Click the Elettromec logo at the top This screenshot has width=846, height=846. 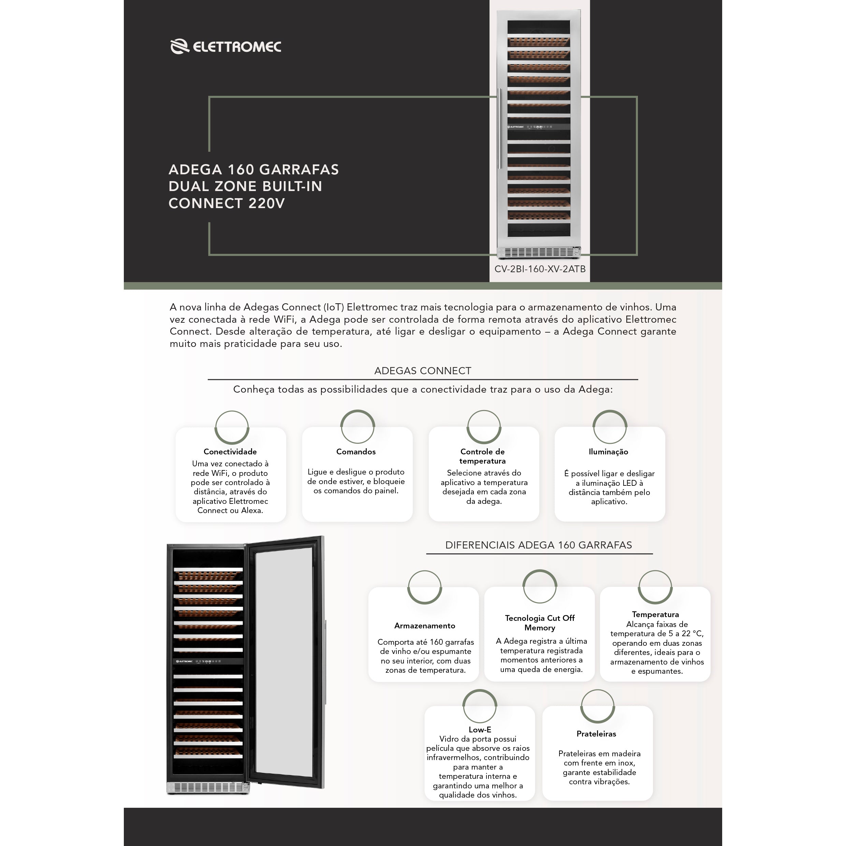(x=225, y=46)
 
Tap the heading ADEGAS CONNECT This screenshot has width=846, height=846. (x=423, y=371)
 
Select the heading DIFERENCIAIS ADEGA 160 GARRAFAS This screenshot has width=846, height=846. (x=539, y=545)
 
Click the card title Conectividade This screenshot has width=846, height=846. (x=230, y=451)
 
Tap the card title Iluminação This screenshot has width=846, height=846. (x=608, y=451)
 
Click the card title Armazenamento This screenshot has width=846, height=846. (x=424, y=626)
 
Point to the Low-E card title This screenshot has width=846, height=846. (x=480, y=730)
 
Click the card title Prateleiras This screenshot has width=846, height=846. (x=596, y=733)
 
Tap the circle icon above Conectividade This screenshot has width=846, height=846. (x=232, y=427)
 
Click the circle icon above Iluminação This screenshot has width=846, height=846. (x=610, y=427)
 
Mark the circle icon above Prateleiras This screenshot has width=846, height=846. (x=597, y=707)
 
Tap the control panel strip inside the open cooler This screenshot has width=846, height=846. (x=208, y=661)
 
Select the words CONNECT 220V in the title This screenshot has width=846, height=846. (x=227, y=204)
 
